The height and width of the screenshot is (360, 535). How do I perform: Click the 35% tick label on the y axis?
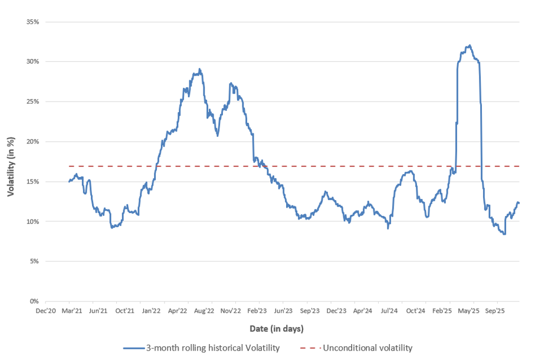pos(32,22)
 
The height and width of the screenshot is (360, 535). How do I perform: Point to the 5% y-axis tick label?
pos(34,261)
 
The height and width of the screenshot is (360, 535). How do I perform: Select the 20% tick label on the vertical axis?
pos(32,142)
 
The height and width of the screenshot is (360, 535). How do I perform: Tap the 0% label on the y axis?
pos(34,302)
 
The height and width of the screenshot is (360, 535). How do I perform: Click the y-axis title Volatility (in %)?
pos(11,162)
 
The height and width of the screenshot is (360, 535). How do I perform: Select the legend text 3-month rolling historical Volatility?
pos(212,348)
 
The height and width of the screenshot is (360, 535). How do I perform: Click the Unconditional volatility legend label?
pos(367,348)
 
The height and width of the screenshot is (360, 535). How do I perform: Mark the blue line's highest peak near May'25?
pos(469,45)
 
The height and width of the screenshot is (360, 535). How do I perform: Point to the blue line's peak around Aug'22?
pos(200,69)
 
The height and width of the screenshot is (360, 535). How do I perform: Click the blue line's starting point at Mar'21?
pos(69,181)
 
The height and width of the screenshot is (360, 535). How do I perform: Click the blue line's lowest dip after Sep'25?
pos(504,234)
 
